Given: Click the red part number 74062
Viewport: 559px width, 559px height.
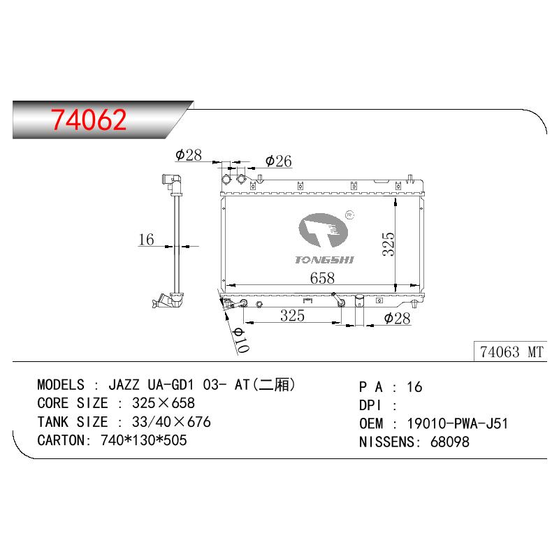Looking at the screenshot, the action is (x=89, y=119).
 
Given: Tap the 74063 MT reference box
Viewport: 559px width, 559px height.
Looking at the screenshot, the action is (x=511, y=351).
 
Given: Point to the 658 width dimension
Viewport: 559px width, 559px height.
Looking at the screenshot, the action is (x=322, y=278).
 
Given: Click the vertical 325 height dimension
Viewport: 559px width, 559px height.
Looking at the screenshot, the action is (x=389, y=244).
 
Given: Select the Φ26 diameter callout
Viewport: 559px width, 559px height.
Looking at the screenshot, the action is (x=278, y=161).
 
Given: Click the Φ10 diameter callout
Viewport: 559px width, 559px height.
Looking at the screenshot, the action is (x=241, y=340).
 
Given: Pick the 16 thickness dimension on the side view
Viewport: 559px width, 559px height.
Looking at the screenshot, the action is (x=146, y=240).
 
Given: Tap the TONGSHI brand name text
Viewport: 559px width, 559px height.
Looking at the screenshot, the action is (x=324, y=260).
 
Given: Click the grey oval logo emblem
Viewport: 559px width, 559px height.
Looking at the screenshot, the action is (x=323, y=231).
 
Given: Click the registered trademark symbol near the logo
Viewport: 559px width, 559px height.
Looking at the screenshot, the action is (x=350, y=215).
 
